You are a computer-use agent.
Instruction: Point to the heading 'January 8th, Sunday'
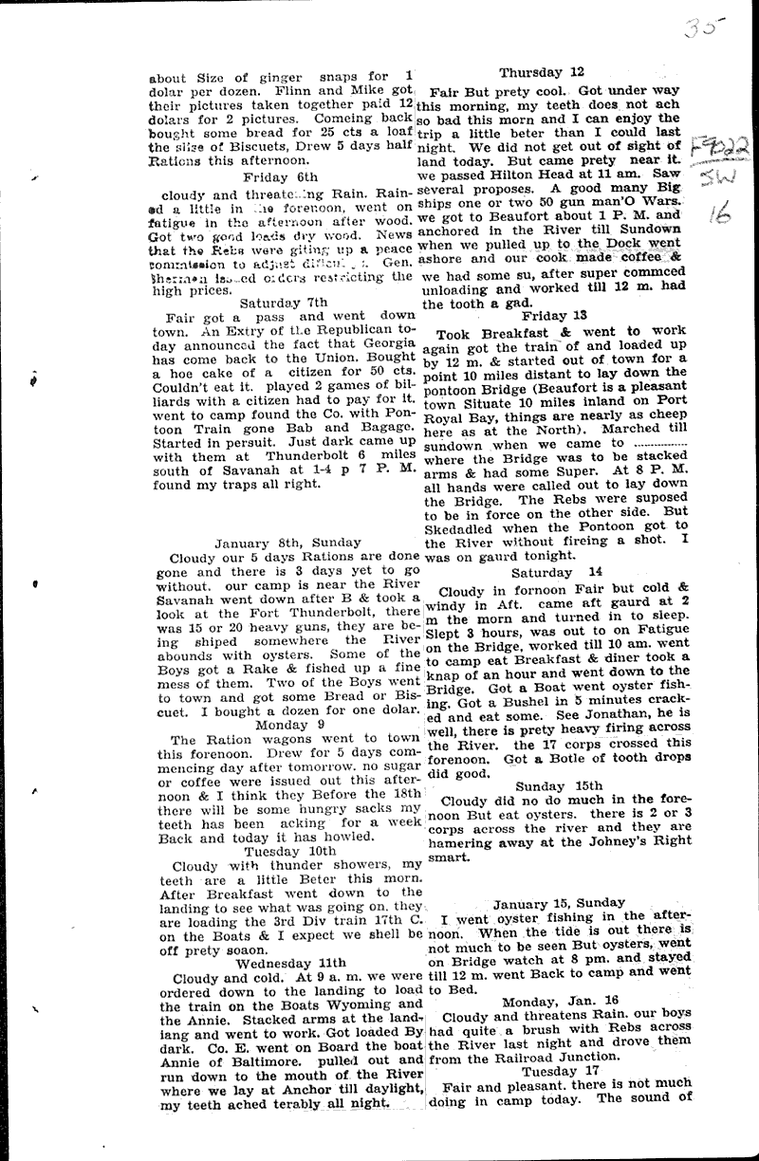coord(273,542)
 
